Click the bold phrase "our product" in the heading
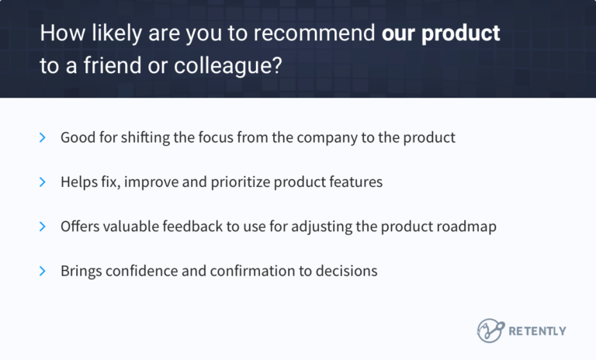click(x=441, y=34)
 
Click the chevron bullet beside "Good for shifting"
click(x=42, y=137)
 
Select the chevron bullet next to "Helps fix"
click(x=42, y=182)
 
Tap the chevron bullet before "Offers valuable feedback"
click(x=42, y=227)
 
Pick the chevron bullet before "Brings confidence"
click(x=42, y=272)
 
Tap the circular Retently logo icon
click(x=490, y=331)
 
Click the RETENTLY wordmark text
click(x=537, y=331)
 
